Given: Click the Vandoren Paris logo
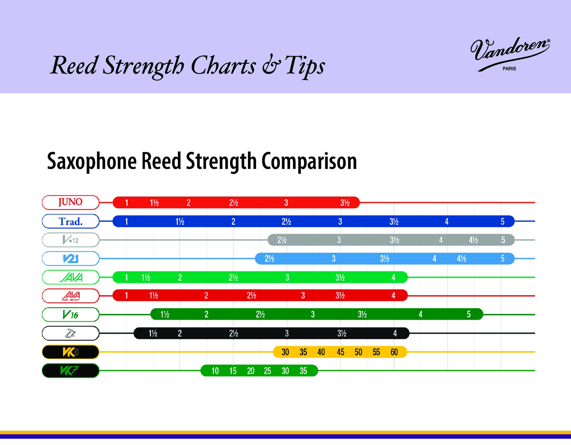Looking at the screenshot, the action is [x=510, y=54].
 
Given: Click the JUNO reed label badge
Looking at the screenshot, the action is [x=70, y=202].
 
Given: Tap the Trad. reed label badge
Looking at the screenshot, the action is [x=70, y=221].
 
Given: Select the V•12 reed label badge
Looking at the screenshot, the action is [x=70, y=240].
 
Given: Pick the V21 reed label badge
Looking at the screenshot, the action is [x=70, y=259].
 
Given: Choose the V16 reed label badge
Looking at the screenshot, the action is [x=70, y=314].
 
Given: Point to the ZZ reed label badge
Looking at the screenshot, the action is [x=70, y=333].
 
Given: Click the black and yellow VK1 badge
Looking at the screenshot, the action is [x=70, y=352].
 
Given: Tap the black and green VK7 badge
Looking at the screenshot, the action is [x=70, y=371].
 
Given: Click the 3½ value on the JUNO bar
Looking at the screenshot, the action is [x=345, y=203].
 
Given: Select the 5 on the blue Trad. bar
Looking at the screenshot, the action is [x=503, y=221].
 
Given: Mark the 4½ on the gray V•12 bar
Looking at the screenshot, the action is [x=474, y=240].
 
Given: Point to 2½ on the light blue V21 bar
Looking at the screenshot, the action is [x=269, y=259].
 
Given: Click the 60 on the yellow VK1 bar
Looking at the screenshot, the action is [x=394, y=352].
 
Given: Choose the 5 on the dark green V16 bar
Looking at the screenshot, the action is [x=469, y=314].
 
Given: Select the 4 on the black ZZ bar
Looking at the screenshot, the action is [x=395, y=333].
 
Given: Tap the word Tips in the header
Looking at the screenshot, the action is [x=305, y=66].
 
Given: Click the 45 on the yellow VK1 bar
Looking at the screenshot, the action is [x=340, y=352].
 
